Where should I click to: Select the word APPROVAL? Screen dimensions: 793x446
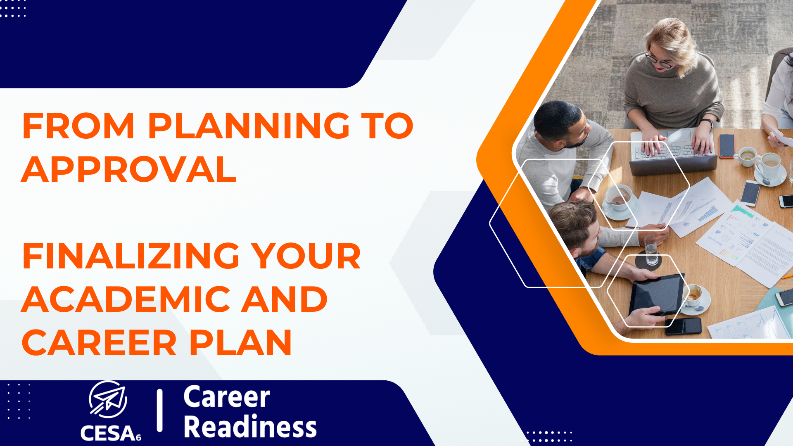click(129, 169)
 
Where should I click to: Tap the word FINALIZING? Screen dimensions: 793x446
click(131, 256)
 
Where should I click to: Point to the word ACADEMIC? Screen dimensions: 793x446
click(126, 299)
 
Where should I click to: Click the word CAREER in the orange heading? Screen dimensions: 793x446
click(99, 343)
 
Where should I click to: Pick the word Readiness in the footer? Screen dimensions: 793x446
click(250, 427)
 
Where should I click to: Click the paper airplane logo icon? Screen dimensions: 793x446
click(108, 399)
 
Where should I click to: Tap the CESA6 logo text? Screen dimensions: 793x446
click(111, 433)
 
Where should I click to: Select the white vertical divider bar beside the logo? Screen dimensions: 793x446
click(160, 410)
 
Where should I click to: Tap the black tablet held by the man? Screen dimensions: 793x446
click(656, 294)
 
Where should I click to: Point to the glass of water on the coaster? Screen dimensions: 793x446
click(651, 250)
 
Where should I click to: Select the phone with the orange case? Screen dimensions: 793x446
click(727, 146)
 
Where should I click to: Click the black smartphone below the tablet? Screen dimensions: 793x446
click(683, 326)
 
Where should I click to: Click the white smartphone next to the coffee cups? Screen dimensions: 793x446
click(750, 193)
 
